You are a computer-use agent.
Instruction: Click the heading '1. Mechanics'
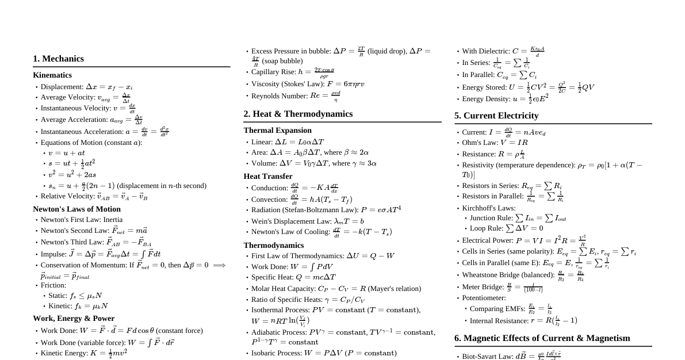tap(58, 59)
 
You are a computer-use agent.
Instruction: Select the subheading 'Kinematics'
tap(52, 75)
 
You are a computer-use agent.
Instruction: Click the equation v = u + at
tap(67, 153)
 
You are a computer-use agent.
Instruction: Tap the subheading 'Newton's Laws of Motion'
tap(76, 209)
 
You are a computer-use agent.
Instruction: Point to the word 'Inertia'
tap(113, 220)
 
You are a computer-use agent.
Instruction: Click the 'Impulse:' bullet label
tap(53, 254)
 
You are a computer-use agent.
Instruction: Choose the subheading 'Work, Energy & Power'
tap(74, 319)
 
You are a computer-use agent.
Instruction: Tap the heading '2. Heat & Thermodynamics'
tap(298, 114)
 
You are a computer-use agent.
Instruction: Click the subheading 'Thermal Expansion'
tap(277, 131)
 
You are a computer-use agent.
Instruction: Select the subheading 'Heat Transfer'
tap(268, 177)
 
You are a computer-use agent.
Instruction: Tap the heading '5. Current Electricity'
tap(496, 116)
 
